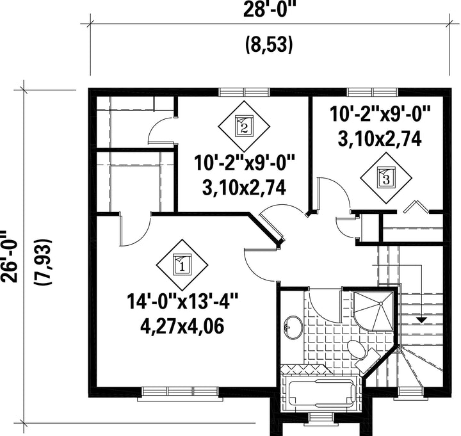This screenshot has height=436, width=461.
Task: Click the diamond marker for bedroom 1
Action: [182, 264]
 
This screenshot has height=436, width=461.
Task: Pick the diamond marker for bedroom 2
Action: [244, 126]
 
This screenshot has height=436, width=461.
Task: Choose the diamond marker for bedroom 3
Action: [386, 177]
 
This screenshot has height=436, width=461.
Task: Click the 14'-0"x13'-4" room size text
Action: [182, 302]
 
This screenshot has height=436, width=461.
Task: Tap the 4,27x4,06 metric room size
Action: [182, 326]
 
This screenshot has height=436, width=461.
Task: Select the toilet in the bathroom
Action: [362, 353]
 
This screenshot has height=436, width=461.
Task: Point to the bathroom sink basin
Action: [293, 328]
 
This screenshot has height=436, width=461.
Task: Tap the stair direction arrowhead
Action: [422, 320]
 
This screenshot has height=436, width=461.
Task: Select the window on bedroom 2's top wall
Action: [244, 92]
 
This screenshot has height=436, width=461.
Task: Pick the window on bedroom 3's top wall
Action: [373, 92]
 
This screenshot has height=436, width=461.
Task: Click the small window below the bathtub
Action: [318, 417]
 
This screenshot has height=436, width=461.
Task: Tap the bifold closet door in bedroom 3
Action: [416, 206]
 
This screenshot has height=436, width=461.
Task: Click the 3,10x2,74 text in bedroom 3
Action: [380, 139]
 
